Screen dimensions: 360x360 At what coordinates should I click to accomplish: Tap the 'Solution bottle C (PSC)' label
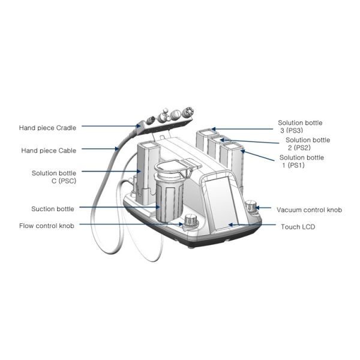tap(54, 177)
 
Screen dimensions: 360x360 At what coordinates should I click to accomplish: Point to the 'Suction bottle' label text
tap(53, 209)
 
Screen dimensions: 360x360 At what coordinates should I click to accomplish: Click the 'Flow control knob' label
tap(47, 226)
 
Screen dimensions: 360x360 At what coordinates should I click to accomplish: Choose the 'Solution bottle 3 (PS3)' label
tap(300, 127)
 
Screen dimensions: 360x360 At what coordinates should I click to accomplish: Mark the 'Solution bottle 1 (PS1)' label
tap(302, 161)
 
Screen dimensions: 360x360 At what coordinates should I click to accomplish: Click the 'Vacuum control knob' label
tap(309, 210)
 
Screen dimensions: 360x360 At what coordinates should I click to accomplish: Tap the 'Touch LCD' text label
tap(298, 227)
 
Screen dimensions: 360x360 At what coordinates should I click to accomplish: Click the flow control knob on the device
tap(191, 221)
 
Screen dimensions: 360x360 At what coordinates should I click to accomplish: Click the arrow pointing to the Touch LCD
tap(252, 226)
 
